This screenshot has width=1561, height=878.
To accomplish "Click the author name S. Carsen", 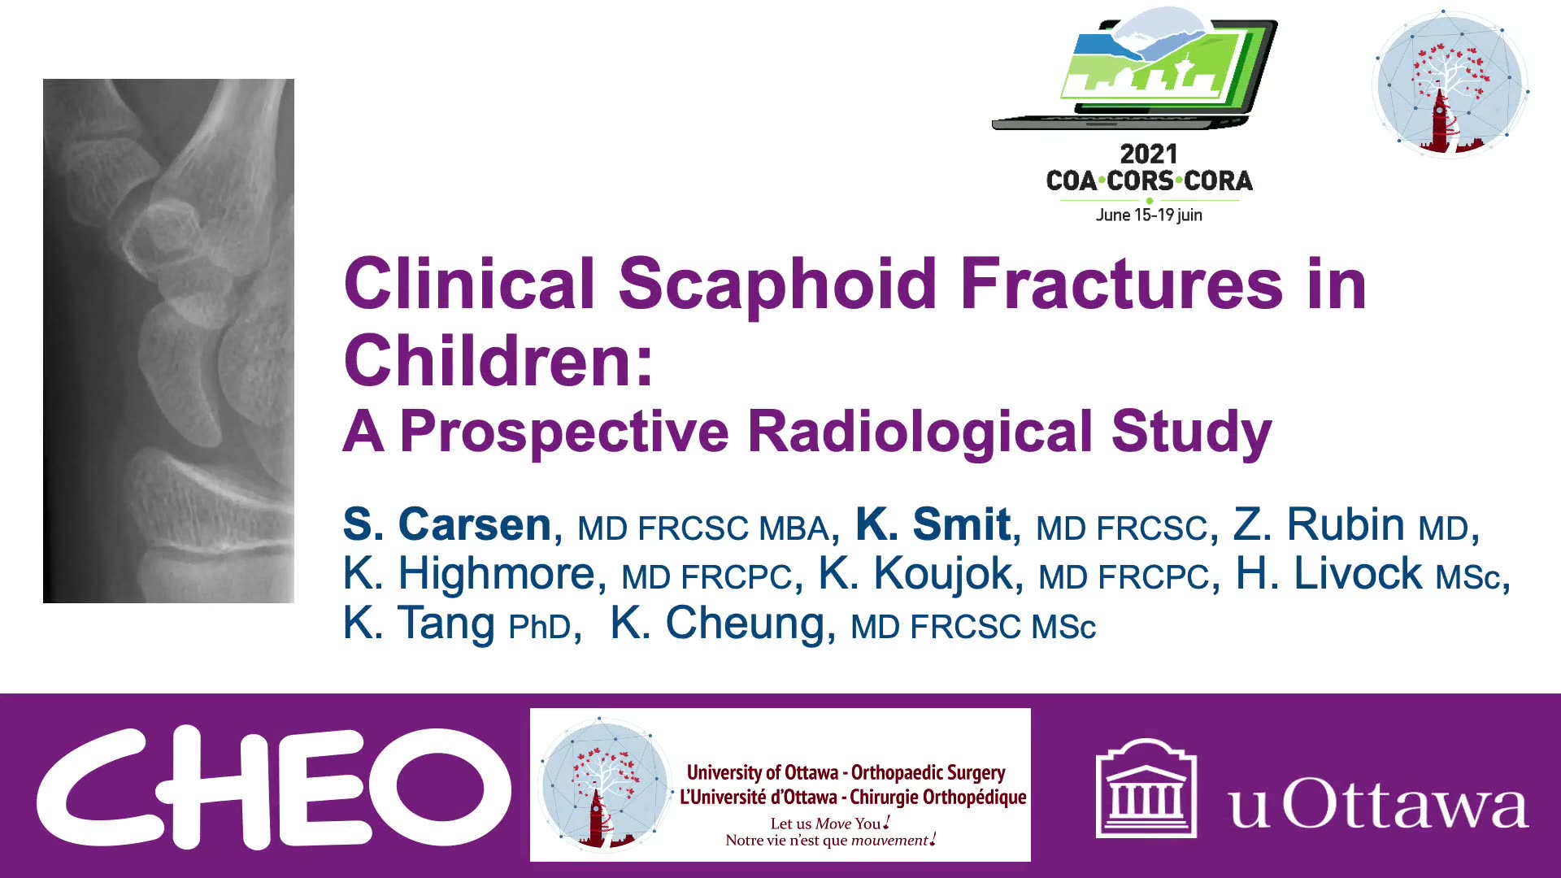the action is (447, 524).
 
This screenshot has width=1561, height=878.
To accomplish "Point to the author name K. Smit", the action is (933, 524).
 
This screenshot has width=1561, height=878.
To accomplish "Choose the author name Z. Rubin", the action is (1319, 524).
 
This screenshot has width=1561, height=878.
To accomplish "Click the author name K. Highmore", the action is (469, 574).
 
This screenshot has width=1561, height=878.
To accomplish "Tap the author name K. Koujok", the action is (915, 574).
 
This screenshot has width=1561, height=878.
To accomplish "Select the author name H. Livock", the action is (1328, 574).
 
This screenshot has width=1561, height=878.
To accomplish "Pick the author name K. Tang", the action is (419, 624).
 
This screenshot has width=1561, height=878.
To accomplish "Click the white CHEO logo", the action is (273, 787).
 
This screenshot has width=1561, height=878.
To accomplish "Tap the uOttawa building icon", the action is (1146, 787).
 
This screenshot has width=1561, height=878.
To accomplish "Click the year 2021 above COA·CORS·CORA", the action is (1148, 154).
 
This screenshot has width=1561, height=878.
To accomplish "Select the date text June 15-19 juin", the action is (1148, 215).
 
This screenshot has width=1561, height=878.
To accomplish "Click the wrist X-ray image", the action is (168, 341).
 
